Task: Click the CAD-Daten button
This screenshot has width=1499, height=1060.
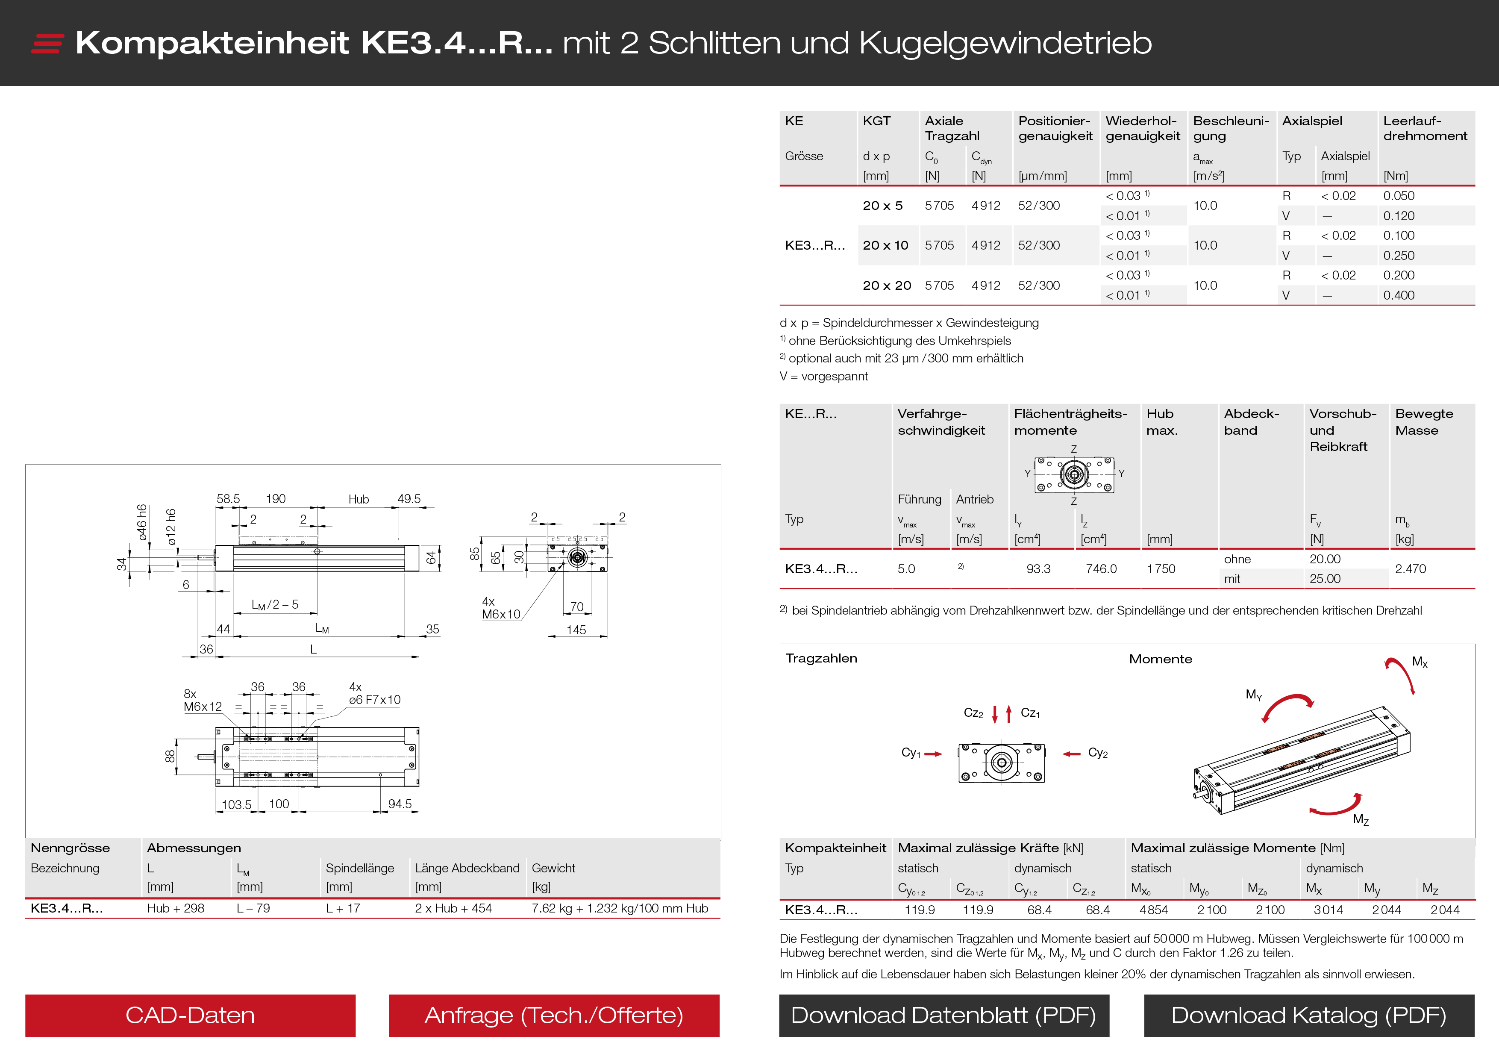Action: [190, 1015]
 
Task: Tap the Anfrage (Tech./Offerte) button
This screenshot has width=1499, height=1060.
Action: [554, 1015]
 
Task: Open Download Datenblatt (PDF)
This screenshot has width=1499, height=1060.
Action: [943, 1015]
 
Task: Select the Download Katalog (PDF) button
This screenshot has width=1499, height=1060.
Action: [1308, 1015]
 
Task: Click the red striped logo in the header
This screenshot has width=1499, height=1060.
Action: [47, 43]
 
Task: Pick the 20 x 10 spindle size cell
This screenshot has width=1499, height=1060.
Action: [885, 246]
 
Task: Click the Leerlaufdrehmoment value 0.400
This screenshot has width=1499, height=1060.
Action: [1399, 295]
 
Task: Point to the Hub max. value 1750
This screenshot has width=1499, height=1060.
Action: [1161, 569]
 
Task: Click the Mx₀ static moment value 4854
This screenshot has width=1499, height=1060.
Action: [1153, 910]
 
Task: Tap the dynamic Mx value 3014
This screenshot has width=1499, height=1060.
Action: [1328, 910]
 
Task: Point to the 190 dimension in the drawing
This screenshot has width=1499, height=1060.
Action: [276, 499]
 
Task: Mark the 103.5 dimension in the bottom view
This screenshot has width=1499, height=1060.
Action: [236, 805]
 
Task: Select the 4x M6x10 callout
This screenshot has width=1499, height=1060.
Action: [501, 608]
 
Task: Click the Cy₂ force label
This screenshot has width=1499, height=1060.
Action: [1097, 753]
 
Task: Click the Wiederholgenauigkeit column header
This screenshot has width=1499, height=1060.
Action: [1143, 129]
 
